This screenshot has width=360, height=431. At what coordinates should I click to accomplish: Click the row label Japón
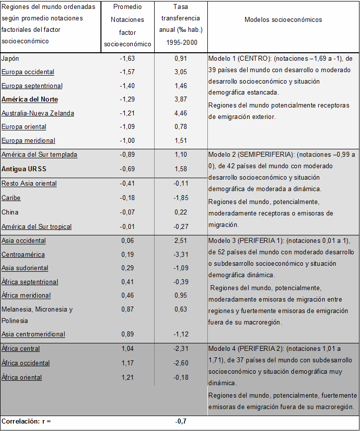pos(10,58)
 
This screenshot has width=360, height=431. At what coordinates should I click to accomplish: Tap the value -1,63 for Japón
pos(127,58)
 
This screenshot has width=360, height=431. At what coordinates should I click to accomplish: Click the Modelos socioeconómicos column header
pos(283,20)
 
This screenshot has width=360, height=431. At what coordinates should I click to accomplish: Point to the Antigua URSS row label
pos(24,169)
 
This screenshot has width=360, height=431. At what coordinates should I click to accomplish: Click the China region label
pos(10,212)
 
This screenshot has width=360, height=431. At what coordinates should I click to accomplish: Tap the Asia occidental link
pos(23,241)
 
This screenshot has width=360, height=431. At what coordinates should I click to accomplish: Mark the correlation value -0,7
pos(180,422)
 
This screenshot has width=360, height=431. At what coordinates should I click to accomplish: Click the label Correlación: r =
pos(26,422)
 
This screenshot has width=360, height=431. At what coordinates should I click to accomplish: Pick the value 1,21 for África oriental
pos(127,377)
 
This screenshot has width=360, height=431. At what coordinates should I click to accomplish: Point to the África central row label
pos(20,349)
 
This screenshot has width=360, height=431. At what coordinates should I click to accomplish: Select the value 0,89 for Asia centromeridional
pos(127,334)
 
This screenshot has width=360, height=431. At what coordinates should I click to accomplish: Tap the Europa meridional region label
pos(28,141)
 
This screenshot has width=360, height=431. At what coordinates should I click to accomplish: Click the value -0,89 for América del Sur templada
pos(127,155)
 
